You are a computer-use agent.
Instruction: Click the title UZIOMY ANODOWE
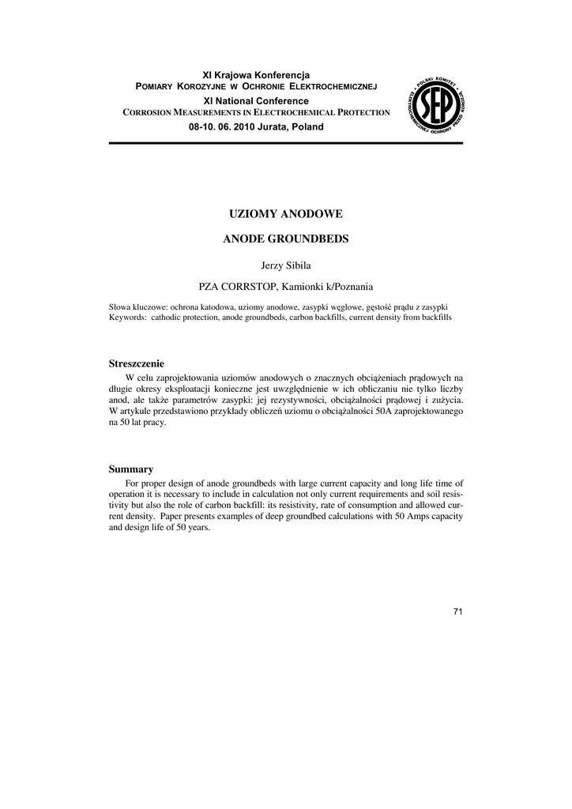[285, 213]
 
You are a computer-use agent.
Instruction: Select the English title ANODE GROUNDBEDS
[285, 238]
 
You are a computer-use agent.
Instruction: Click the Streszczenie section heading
[136, 363]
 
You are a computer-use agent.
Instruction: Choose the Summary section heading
[130, 469]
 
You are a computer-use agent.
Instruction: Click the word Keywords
[126, 317]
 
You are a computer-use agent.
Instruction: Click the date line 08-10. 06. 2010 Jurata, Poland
[256, 127]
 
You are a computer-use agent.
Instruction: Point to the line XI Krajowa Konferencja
[256, 74]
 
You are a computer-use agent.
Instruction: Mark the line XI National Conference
[256, 101]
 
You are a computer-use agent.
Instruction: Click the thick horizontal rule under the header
[285, 144]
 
